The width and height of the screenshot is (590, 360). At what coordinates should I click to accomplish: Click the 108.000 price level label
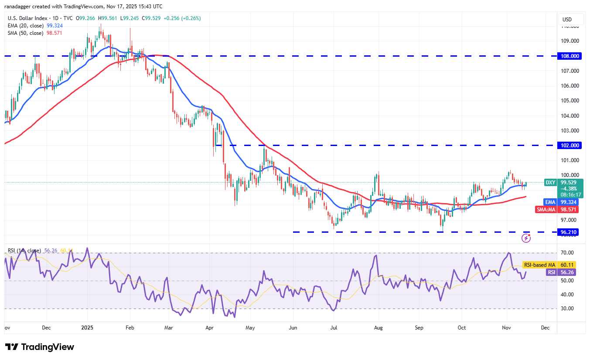pyautogui.click(x=570, y=56)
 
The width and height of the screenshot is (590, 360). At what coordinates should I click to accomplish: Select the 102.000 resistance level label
pyautogui.click(x=570, y=146)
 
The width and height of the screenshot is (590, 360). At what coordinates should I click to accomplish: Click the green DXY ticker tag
pyautogui.click(x=551, y=183)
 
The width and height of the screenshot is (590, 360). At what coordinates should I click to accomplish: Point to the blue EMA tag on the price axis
pyautogui.click(x=551, y=202)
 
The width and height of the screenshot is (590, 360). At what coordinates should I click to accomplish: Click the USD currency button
pyautogui.click(x=567, y=20)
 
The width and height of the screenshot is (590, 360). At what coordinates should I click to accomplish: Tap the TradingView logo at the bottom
pyautogui.click(x=40, y=347)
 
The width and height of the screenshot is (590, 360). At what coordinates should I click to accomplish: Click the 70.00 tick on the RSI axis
pyautogui.click(x=567, y=253)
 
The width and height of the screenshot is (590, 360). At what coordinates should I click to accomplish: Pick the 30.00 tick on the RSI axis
pyautogui.click(x=567, y=309)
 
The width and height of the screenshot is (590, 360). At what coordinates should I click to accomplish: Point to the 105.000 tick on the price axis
pyautogui.click(x=570, y=101)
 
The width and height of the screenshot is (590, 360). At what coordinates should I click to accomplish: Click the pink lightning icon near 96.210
pyautogui.click(x=527, y=238)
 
